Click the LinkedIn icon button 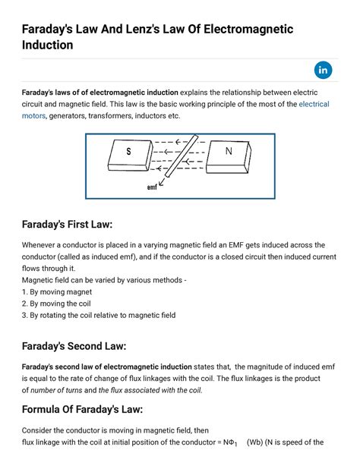324,71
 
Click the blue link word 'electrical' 314,103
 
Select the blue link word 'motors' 33,116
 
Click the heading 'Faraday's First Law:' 67,225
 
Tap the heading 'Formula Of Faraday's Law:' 87,410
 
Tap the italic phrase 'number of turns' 64,391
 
